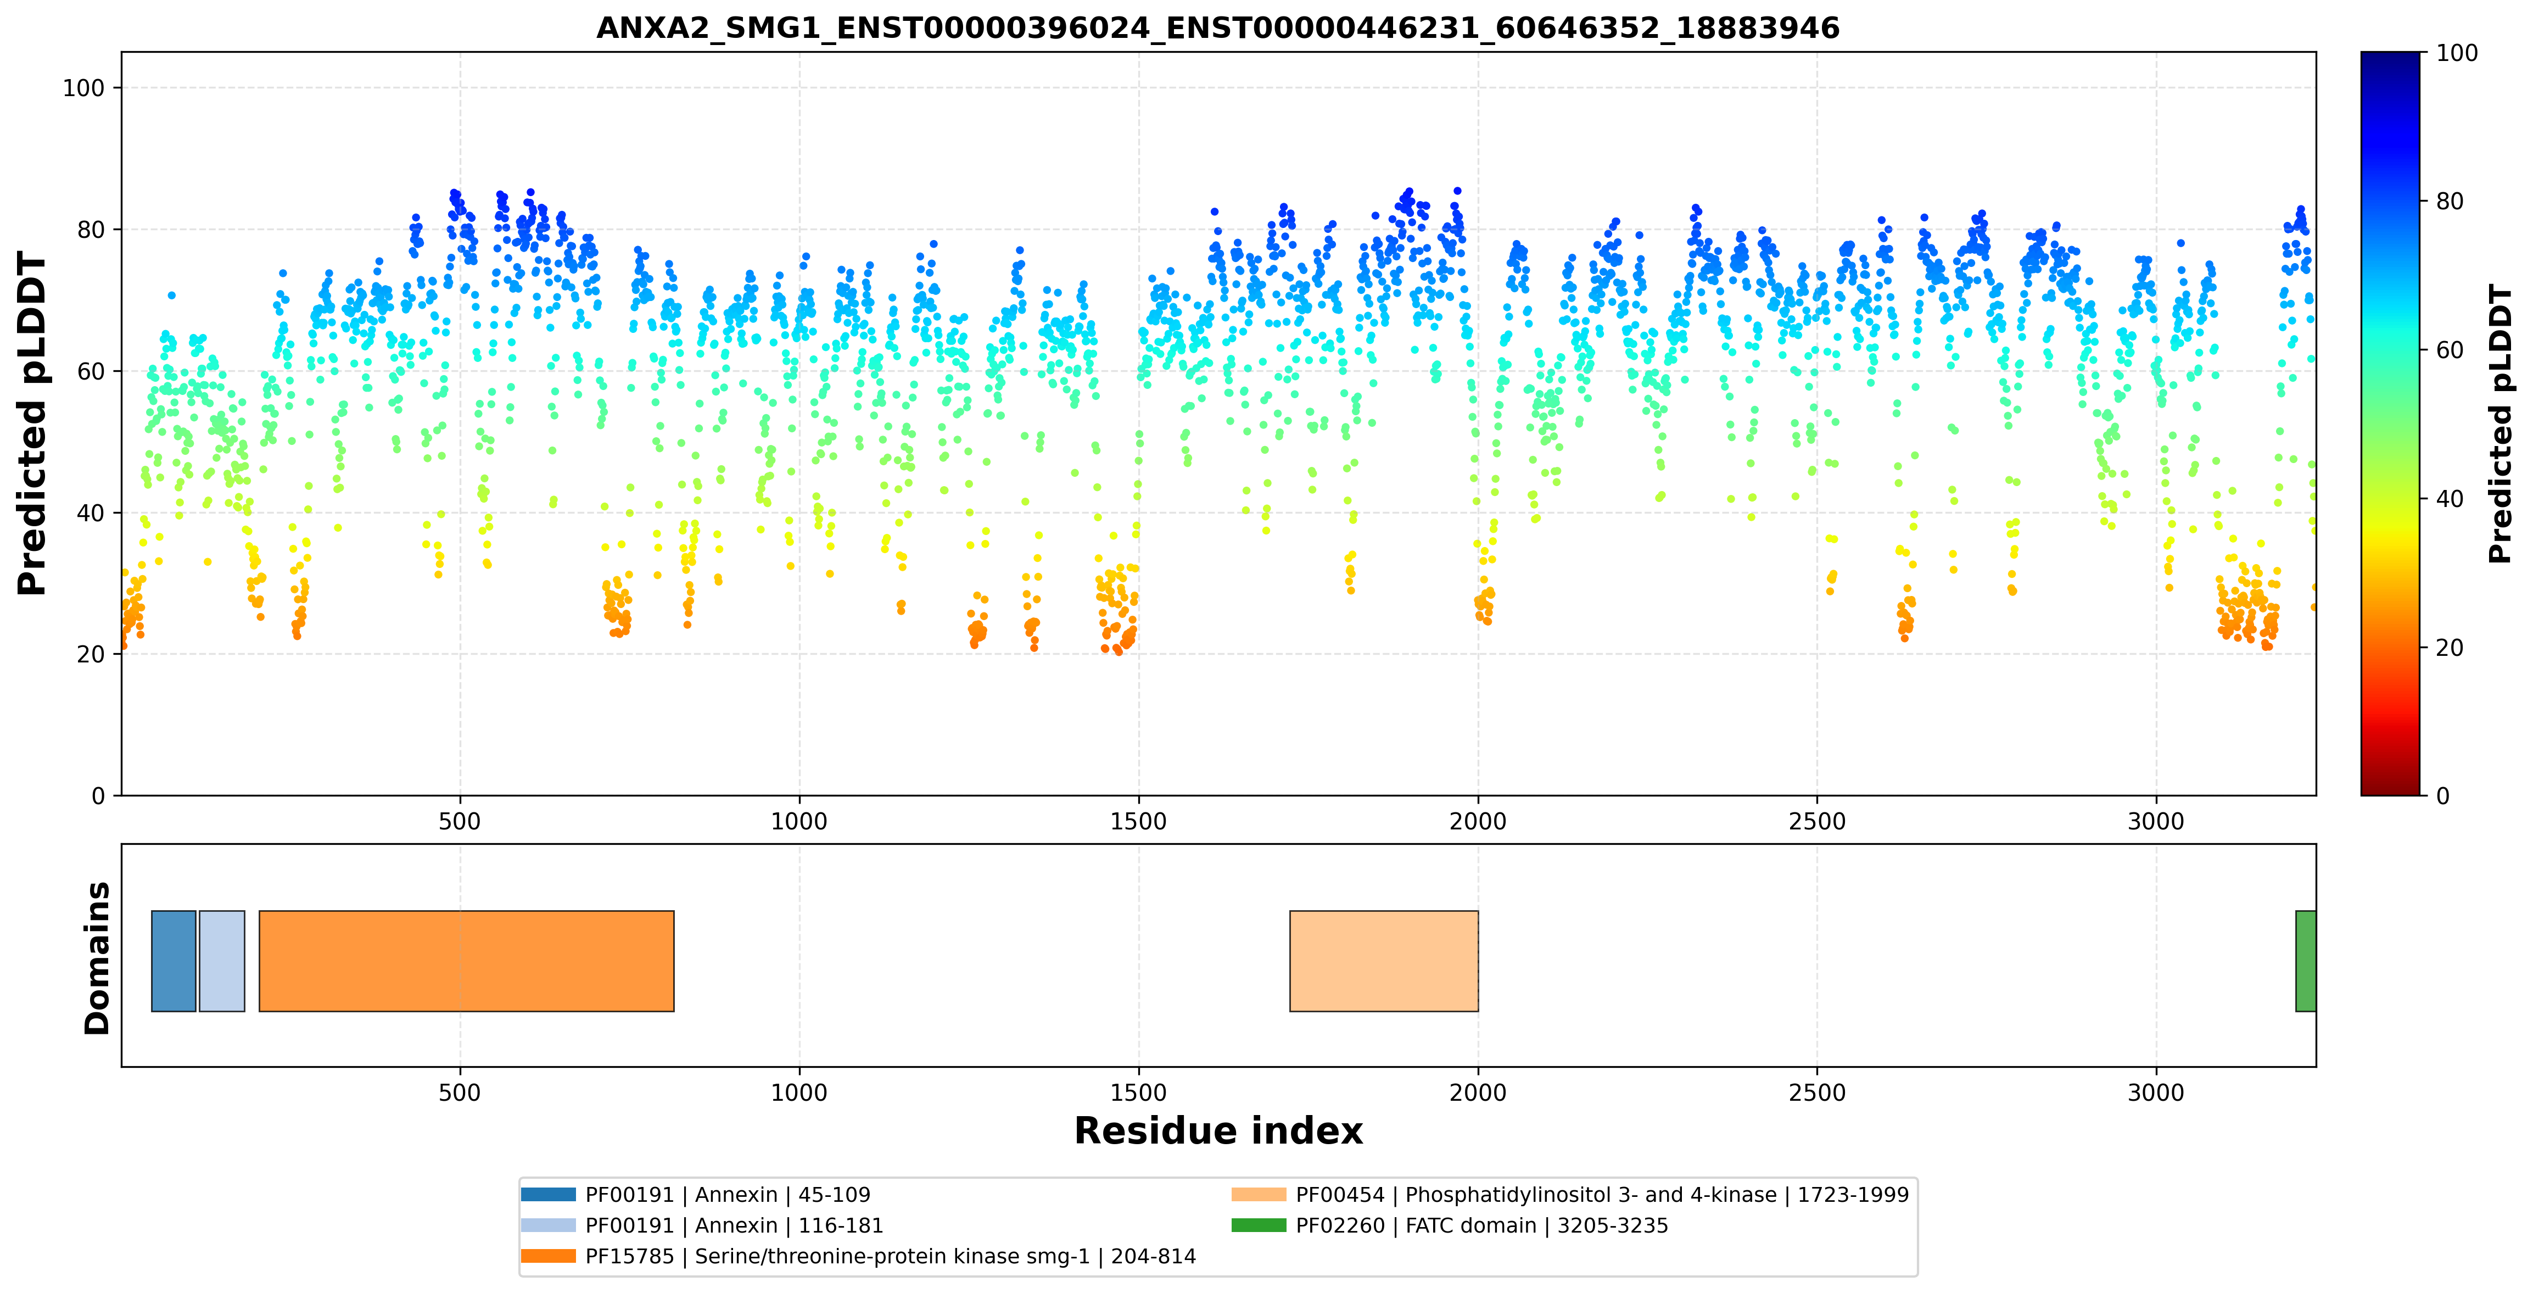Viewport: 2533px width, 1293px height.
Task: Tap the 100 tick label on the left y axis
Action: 83,87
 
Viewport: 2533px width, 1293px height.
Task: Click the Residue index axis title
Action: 1218,1131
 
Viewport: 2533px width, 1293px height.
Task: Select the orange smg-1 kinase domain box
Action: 466,961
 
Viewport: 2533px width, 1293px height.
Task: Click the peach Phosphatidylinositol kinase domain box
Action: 1384,961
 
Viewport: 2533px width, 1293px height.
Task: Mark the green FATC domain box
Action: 2305,961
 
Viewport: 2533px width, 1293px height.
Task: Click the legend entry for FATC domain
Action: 1450,1225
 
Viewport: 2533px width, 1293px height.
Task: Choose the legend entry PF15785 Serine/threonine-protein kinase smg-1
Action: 858,1257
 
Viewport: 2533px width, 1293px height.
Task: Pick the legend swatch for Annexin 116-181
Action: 547,1225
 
